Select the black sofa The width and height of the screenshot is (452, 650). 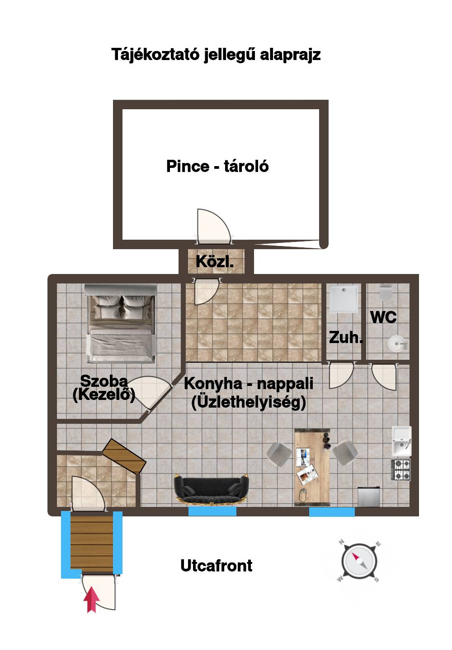click(x=211, y=488)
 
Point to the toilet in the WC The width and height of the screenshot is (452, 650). click(x=386, y=292)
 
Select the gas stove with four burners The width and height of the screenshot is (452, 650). click(x=400, y=469)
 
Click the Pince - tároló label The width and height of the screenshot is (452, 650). click(x=217, y=166)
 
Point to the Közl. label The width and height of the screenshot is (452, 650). click(x=215, y=261)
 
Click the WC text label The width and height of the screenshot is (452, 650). click(x=383, y=317)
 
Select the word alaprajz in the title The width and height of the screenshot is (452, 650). click(x=290, y=55)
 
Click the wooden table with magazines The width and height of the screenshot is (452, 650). click(x=312, y=468)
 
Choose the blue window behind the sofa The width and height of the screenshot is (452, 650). click(x=212, y=511)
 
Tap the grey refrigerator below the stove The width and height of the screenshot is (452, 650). click(x=368, y=497)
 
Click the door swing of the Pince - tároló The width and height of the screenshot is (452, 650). click(x=214, y=227)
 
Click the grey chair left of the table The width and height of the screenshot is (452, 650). click(x=279, y=455)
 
